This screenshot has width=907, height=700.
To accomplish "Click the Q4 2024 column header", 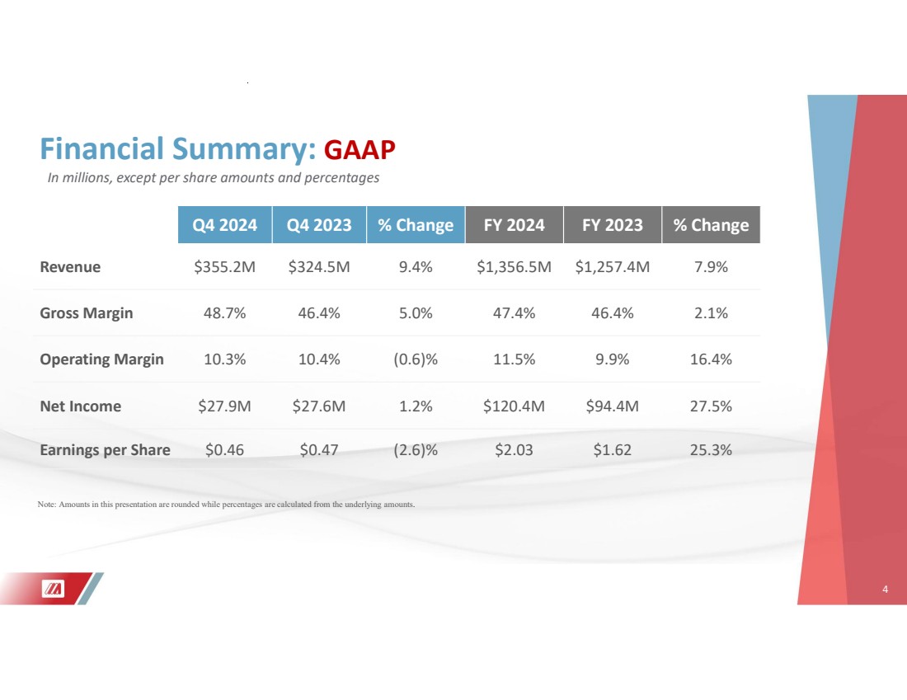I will (x=225, y=225).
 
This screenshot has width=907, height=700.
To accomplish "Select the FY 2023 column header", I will (x=612, y=225).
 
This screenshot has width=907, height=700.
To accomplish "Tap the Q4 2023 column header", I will (x=320, y=225).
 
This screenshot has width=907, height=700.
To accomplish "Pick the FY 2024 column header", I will (x=514, y=225).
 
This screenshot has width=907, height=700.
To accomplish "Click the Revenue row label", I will (x=70, y=267).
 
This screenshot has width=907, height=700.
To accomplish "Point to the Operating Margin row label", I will (x=101, y=359).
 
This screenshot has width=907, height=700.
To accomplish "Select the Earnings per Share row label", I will (x=105, y=450).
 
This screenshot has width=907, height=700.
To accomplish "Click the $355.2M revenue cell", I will (x=225, y=267).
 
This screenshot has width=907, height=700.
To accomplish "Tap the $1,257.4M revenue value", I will (x=612, y=267).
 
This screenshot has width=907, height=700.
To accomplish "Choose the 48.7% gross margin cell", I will (x=225, y=313).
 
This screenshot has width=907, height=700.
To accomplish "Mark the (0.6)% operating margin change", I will (x=416, y=359).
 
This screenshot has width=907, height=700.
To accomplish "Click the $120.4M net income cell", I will (x=514, y=406).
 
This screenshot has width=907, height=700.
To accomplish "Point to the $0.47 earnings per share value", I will (x=320, y=450).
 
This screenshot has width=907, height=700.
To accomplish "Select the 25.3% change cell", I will (x=711, y=450).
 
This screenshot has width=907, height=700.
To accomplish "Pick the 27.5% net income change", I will (x=711, y=406).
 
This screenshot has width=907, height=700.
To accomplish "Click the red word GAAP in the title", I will (x=360, y=149).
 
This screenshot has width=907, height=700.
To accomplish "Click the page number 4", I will (x=885, y=590).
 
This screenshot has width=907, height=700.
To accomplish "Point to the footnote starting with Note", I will (x=226, y=504).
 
